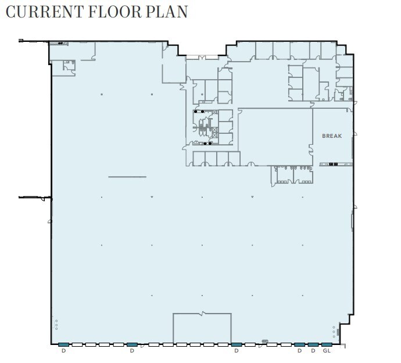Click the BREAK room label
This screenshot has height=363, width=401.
point(332,136)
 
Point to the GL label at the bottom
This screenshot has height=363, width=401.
point(327,351)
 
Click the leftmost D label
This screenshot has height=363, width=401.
point(63,351)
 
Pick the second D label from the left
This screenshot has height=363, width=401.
point(132,351)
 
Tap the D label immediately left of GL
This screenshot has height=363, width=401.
point(313,351)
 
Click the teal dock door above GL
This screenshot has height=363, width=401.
point(327,344)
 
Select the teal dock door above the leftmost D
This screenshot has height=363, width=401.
point(63,344)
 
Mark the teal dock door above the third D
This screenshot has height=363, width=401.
point(236,344)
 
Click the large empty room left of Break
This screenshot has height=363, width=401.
point(275,136)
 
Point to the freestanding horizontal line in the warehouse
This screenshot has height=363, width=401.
point(127,177)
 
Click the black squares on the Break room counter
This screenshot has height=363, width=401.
point(333,164)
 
